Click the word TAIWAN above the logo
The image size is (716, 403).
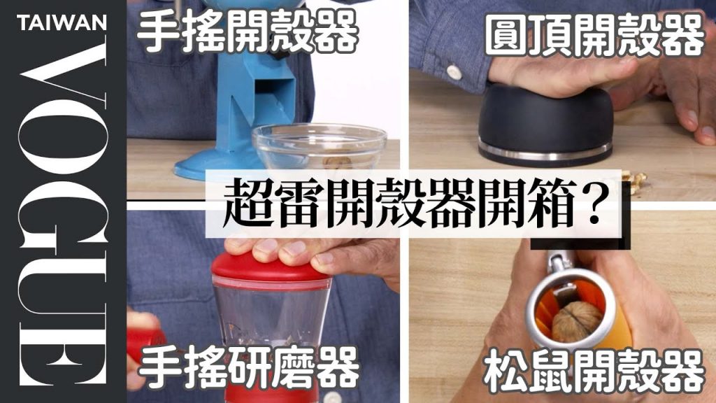[x=62, y=22]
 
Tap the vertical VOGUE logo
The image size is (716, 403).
[x=62, y=214]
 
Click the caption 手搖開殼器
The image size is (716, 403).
[x=247, y=31]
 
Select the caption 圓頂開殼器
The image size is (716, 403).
[x=594, y=35]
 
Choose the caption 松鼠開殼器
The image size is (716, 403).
[x=594, y=371]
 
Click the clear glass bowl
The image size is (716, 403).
[x=320, y=146]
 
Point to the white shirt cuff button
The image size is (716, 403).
[x=453, y=71]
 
